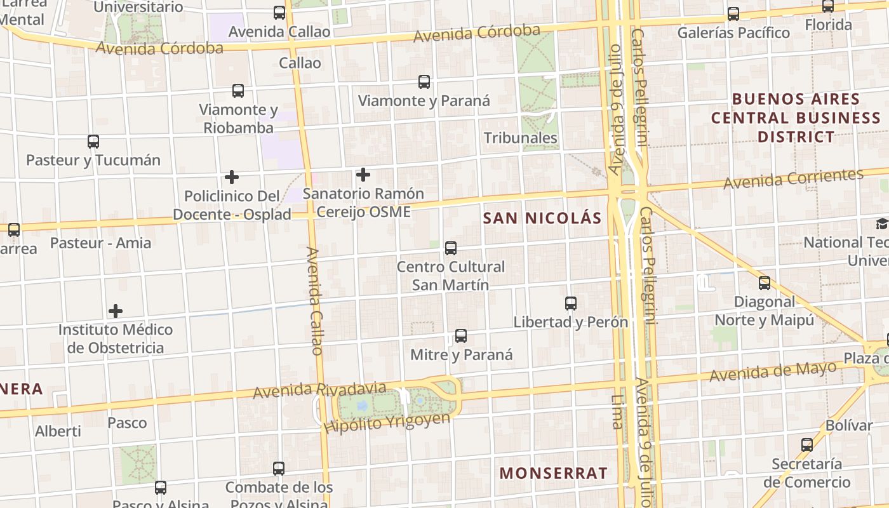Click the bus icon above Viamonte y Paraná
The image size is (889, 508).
click(x=424, y=82)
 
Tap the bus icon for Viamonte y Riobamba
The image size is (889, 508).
click(x=238, y=91)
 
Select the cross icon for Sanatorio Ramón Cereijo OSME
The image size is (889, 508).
click(x=363, y=175)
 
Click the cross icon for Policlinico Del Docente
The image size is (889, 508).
click(x=232, y=177)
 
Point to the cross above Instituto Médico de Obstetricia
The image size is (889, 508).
click(x=116, y=311)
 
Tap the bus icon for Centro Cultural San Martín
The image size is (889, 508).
click(x=451, y=248)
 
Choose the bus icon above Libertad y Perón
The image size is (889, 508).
click(x=571, y=304)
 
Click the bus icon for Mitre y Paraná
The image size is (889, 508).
click(x=461, y=336)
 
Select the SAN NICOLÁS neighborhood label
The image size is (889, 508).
click(x=542, y=218)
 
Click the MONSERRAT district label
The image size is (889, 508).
click(x=553, y=473)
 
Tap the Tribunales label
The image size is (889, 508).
click(x=521, y=138)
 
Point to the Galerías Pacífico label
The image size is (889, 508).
click(x=733, y=32)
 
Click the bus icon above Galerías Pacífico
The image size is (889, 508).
click(x=733, y=14)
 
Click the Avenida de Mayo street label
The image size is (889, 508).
click(x=773, y=371)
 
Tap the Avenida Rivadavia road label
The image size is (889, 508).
click(x=319, y=390)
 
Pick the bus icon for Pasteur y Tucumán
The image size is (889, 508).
click(x=93, y=142)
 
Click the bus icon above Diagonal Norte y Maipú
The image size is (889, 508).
click(x=765, y=283)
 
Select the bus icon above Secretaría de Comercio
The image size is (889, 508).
click(x=807, y=445)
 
